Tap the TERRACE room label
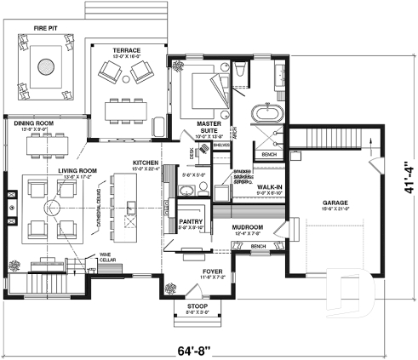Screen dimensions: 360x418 pyautogui.click(x=127, y=50)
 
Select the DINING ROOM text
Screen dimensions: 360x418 pyautogui.click(x=33, y=124)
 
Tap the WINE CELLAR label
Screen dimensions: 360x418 pyautogui.click(x=105, y=255)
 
